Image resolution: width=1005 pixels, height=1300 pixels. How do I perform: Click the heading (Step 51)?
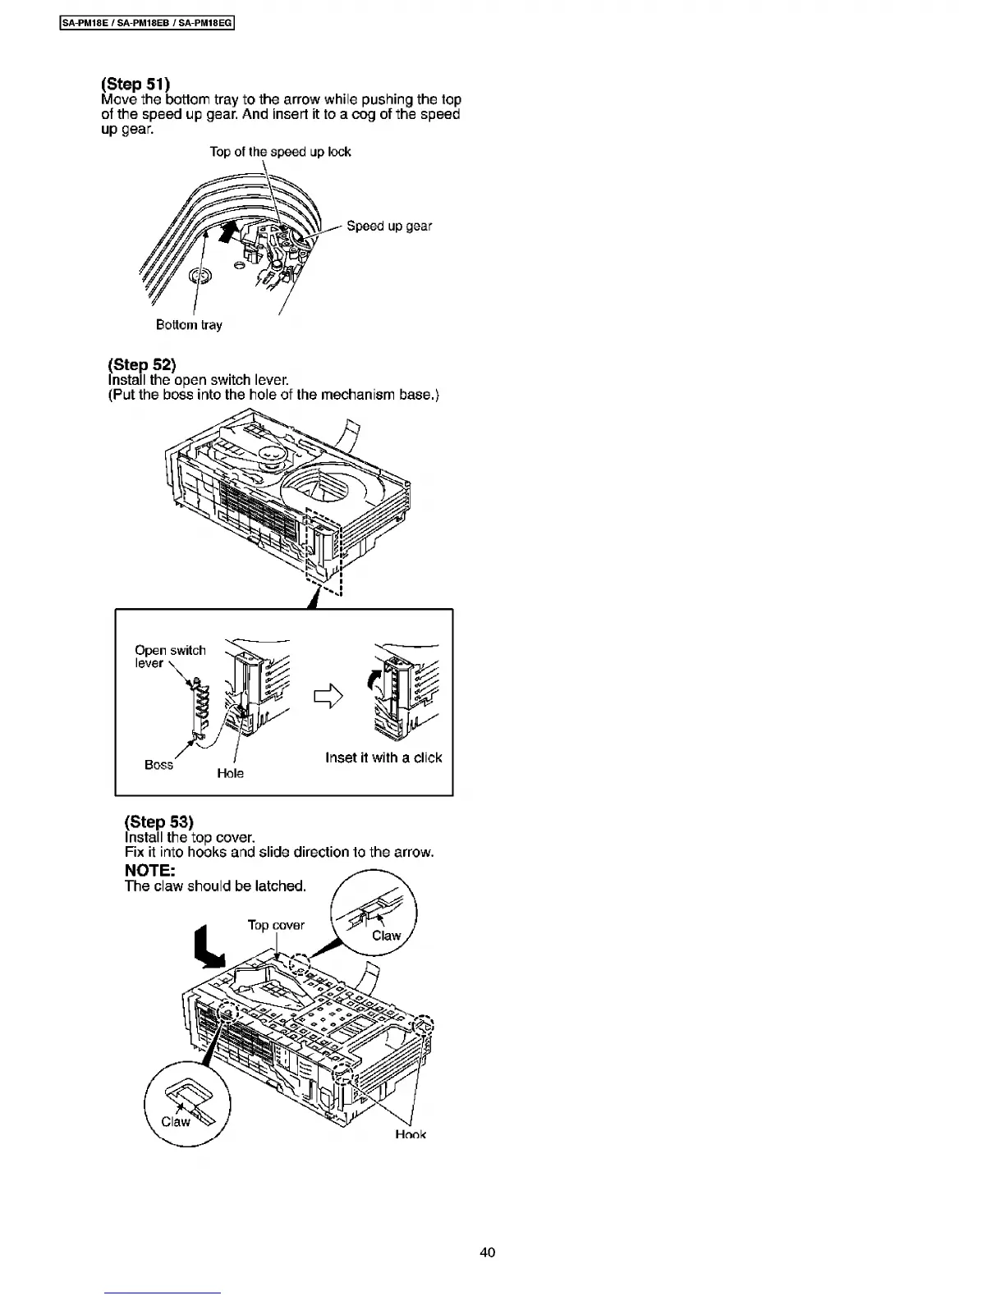click(135, 84)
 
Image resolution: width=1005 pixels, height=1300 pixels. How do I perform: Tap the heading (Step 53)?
click(159, 822)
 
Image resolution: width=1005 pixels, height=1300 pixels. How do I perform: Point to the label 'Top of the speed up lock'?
click(280, 152)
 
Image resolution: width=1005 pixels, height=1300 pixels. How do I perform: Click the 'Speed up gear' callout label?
click(388, 226)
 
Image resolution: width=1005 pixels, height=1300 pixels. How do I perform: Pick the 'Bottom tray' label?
click(189, 325)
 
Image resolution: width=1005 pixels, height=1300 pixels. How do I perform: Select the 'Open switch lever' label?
click(170, 657)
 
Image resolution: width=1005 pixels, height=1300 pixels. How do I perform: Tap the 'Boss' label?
click(158, 765)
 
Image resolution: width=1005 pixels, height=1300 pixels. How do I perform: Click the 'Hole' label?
click(230, 773)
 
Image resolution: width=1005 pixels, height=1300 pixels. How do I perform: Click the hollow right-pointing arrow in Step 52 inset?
click(328, 697)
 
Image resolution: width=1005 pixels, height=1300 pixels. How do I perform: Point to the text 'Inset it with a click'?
click(383, 758)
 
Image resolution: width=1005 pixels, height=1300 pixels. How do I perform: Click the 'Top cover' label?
click(276, 925)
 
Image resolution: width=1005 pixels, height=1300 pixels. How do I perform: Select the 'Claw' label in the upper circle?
click(386, 936)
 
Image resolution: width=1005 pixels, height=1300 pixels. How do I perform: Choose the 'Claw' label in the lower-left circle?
click(175, 1122)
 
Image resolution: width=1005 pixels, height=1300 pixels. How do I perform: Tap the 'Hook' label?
click(411, 1135)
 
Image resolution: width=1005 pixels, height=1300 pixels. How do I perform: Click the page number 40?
click(488, 1252)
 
